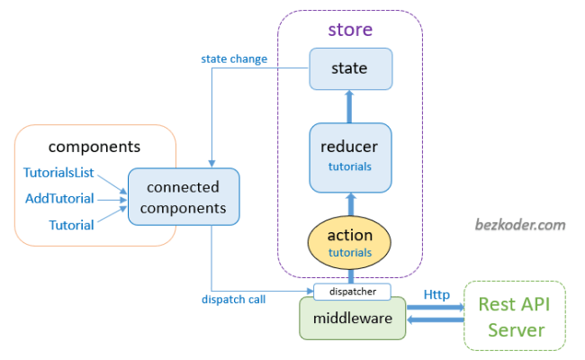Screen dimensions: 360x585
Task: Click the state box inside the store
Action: click(350, 68)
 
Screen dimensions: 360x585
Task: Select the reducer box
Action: click(350, 157)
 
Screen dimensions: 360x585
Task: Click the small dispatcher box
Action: click(351, 292)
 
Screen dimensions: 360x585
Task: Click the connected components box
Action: click(184, 197)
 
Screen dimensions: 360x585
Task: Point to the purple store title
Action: click(350, 30)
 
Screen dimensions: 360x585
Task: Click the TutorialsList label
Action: click(58, 172)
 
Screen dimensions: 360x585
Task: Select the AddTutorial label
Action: click(58, 198)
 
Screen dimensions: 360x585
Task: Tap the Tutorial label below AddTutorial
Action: click(71, 224)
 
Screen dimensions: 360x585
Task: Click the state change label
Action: click(234, 59)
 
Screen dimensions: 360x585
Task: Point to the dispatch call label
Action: click(233, 299)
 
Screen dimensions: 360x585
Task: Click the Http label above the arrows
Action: click(438, 293)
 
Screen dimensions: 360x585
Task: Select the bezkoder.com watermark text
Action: click(520, 224)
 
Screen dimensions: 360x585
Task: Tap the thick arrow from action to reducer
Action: click(350, 202)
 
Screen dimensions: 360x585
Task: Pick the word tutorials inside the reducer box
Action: click(350, 166)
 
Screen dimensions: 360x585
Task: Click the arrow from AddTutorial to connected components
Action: click(111, 198)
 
